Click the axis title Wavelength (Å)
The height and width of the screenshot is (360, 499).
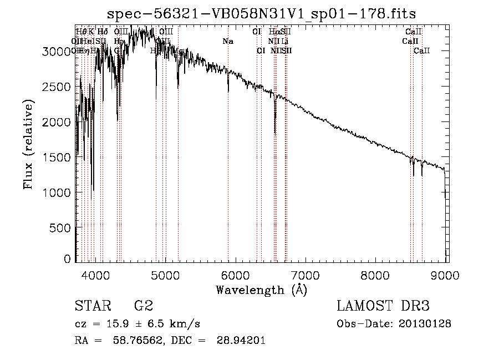[261, 290]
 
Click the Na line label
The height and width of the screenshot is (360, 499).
[228, 41]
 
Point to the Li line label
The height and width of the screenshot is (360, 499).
[284, 41]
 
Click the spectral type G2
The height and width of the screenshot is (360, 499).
[144, 306]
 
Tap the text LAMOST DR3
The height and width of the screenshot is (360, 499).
[383, 306]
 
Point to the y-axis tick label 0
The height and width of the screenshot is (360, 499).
[67, 259]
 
